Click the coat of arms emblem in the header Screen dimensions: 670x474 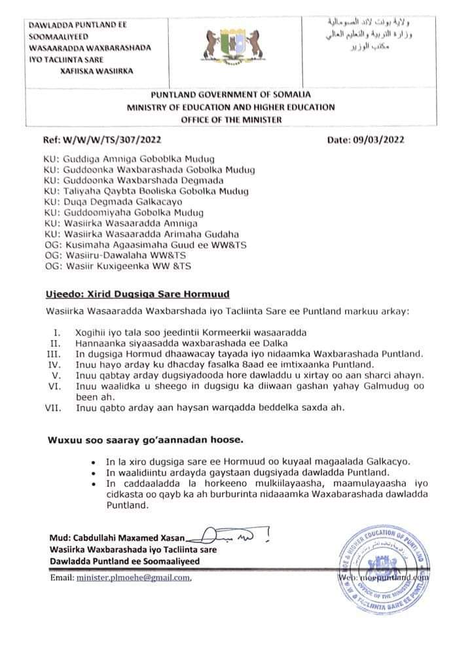click(x=238, y=48)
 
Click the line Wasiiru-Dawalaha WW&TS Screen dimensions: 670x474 click(x=121, y=255)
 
